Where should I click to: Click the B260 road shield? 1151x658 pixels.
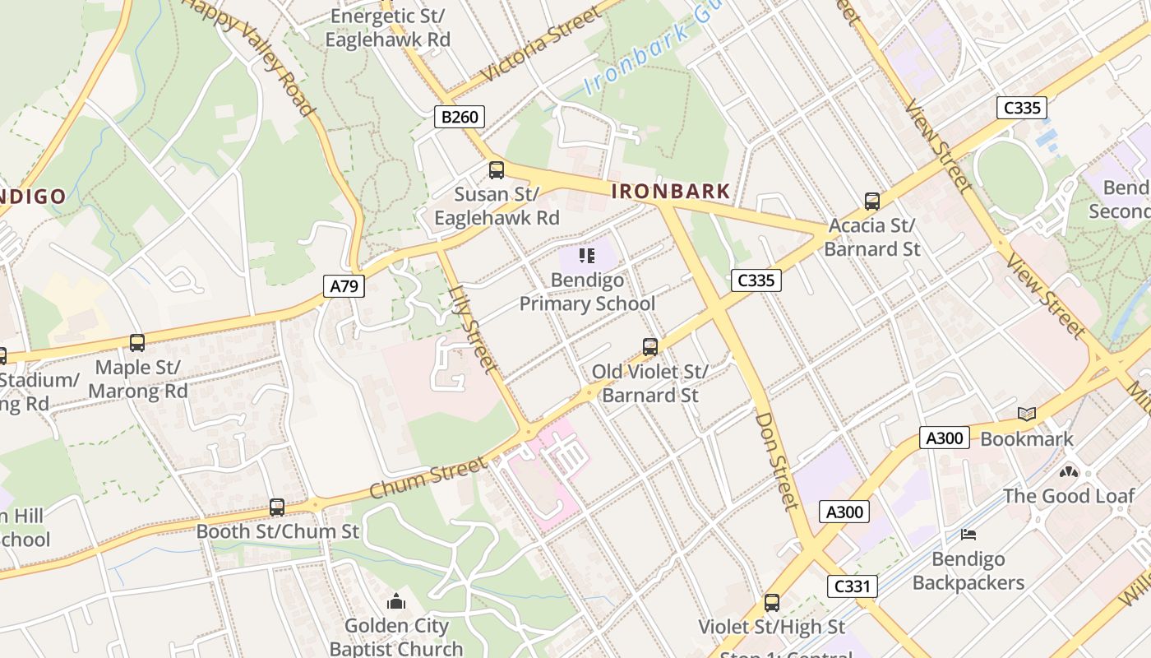(460, 117)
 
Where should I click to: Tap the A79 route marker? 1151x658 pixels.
(344, 286)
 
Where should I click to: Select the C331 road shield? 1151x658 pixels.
(852, 586)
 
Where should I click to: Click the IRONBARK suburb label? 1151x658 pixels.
(671, 192)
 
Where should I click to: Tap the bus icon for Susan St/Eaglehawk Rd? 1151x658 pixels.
(497, 170)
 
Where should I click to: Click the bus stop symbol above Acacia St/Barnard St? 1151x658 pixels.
(872, 201)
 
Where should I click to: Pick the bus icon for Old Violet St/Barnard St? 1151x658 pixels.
(650, 347)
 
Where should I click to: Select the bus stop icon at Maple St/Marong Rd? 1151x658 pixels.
(137, 343)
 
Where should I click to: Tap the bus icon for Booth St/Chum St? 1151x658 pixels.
(277, 507)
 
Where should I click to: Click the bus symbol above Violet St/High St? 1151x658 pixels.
(772, 603)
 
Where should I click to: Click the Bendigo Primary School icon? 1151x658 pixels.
(587, 256)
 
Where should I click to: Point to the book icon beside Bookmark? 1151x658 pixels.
(1026, 415)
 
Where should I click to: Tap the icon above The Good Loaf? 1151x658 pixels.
(1068, 472)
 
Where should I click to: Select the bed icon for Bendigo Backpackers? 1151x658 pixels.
(968, 535)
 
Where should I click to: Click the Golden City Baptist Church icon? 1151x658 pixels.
(396, 601)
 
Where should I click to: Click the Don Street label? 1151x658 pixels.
(777, 460)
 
